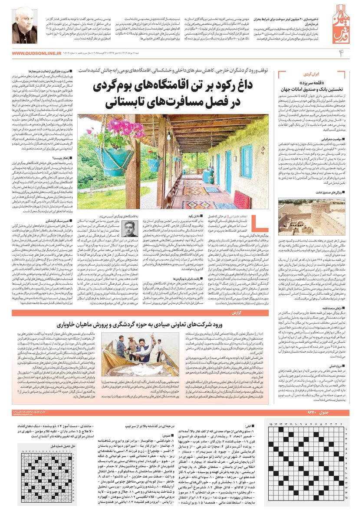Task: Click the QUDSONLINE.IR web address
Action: [x=37, y=53]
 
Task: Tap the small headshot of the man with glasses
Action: [x=129, y=229]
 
